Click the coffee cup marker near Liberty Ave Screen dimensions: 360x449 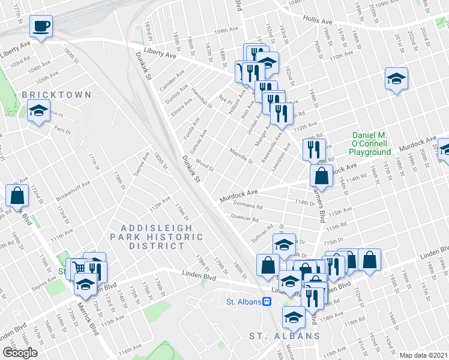coord(41,26)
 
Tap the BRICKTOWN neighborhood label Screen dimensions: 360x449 coord(56,95)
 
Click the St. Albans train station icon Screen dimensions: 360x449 coord(264,302)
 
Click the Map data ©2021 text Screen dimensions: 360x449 coord(423,355)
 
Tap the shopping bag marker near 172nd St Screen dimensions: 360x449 coord(17,194)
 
